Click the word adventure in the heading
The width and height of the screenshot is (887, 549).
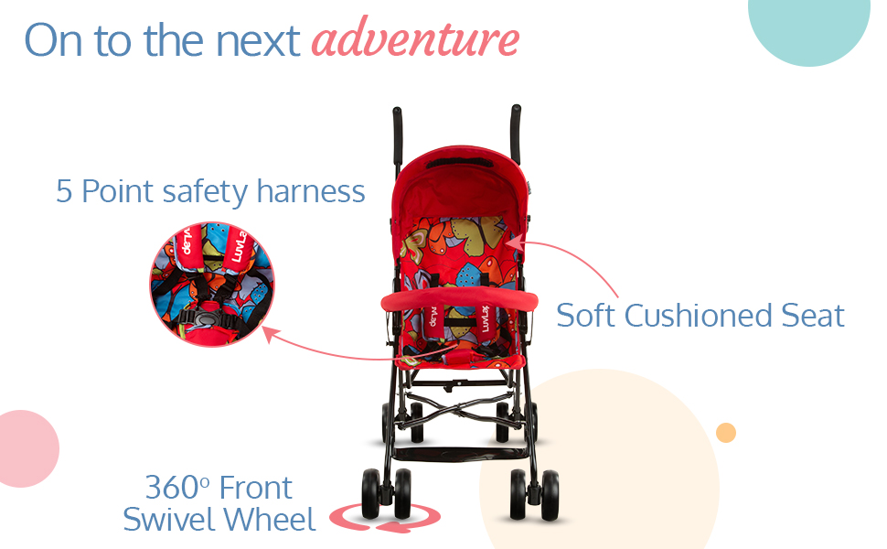pyautogui.click(x=415, y=38)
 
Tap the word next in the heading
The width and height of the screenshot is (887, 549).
pyautogui.click(x=258, y=41)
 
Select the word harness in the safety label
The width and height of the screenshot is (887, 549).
pyautogui.click(x=311, y=191)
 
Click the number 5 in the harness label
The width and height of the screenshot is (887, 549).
pyautogui.click(x=64, y=191)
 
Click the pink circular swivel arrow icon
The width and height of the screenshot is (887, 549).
pyautogui.click(x=385, y=517)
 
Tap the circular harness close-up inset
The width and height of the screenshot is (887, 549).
pyautogui.click(x=212, y=285)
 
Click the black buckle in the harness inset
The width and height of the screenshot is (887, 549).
pyautogui.click(x=205, y=318)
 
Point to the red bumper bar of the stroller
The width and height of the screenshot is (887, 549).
pyautogui.click(x=459, y=299)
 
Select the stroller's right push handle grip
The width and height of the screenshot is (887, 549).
pyautogui.click(x=516, y=133)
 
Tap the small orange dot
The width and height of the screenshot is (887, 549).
pyautogui.click(x=726, y=433)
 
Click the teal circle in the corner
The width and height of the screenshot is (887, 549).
pyautogui.click(x=809, y=26)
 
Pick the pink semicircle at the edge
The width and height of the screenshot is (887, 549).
pyautogui.click(x=26, y=449)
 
